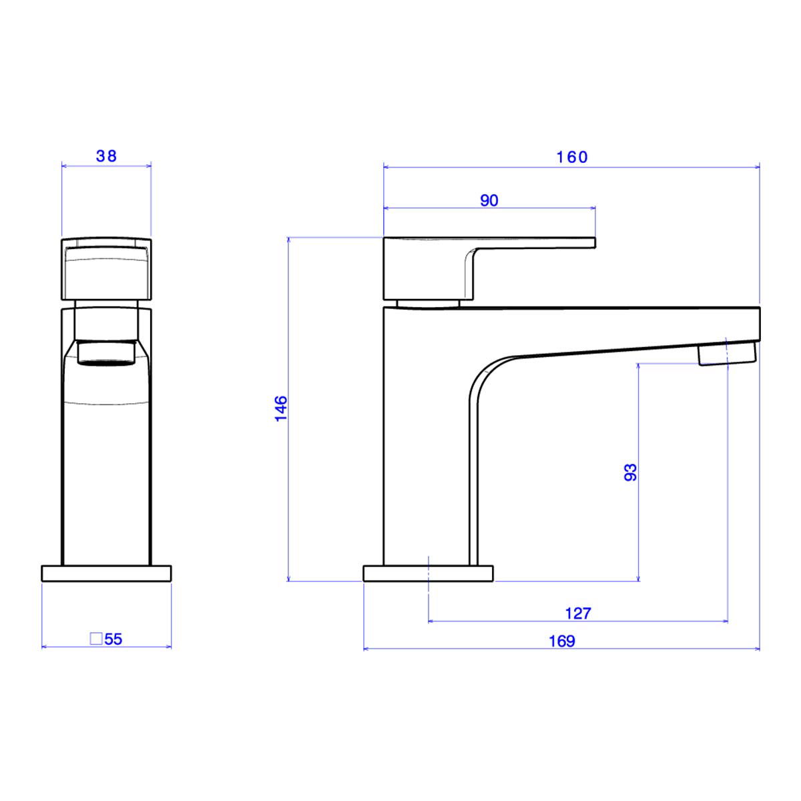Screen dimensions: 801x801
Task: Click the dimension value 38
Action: [x=106, y=156]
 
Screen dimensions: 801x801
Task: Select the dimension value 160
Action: [x=572, y=157]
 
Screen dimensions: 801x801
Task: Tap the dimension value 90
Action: [x=489, y=201]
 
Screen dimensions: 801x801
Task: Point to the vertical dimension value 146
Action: [x=282, y=409]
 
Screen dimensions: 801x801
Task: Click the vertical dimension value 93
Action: [x=631, y=472]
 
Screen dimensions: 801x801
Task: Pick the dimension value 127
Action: [x=578, y=613]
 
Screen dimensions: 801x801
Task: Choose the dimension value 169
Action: [x=562, y=641]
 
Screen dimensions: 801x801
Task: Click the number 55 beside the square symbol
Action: [x=113, y=639]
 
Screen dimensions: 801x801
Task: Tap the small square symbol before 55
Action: [x=96, y=639]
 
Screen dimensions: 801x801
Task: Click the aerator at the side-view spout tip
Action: [x=727, y=352]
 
